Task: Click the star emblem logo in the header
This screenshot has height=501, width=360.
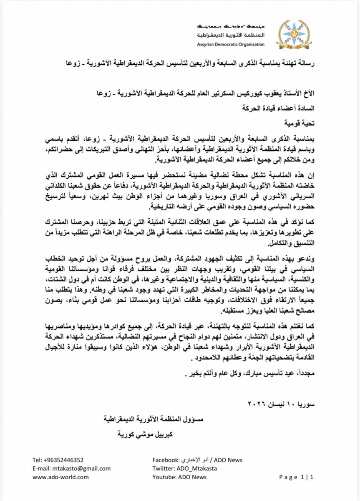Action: [x=294, y=34]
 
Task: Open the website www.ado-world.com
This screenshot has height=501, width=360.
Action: [x=60, y=477]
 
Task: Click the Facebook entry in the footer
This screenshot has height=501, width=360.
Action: [x=197, y=460]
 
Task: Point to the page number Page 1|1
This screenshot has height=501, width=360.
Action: [x=296, y=477]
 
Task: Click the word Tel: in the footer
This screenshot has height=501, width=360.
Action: [x=38, y=460]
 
